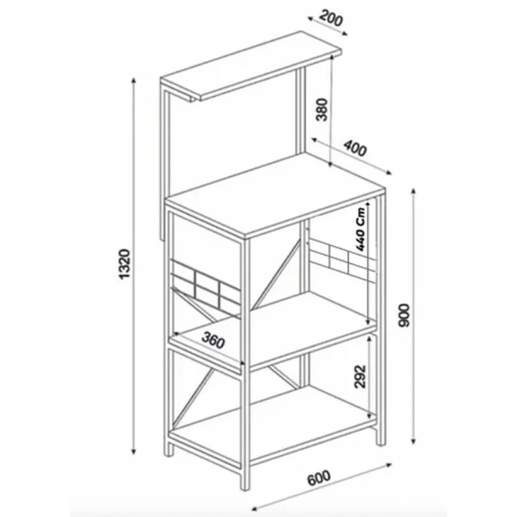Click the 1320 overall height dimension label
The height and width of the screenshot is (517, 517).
point(125,264)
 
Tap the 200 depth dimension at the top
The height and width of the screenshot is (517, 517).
point(331,18)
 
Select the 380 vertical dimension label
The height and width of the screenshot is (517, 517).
point(321,110)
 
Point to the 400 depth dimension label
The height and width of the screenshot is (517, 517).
point(355,148)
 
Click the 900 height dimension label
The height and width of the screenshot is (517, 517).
point(404,315)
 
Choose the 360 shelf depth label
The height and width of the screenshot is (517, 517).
point(213,340)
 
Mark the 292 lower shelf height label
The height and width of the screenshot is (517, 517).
point(360,376)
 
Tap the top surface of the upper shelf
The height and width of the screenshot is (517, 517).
point(251,66)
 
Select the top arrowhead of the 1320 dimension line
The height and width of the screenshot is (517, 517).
point(133,81)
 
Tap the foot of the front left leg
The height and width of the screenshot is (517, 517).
point(168,451)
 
